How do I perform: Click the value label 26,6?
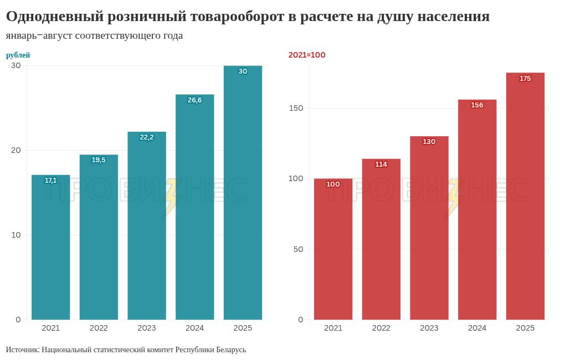click(194, 100)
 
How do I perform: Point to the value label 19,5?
click(99, 160)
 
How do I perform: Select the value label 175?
click(525, 79)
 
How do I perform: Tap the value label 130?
click(429, 142)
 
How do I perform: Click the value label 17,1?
click(50, 181)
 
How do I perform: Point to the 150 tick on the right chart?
click(296, 108)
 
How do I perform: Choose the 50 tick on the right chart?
click(299, 249)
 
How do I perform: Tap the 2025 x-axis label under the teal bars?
click(243, 328)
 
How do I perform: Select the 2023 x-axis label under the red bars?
click(429, 328)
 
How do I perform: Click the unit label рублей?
click(18, 55)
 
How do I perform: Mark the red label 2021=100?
click(307, 55)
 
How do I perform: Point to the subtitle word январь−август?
click(39, 36)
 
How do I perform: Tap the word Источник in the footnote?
click(22, 350)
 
